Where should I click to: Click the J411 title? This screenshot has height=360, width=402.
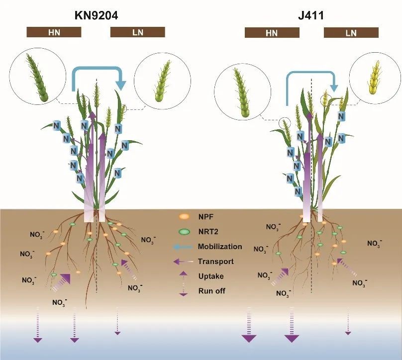coord(311,15)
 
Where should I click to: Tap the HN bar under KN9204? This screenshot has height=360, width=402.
coord(54,32)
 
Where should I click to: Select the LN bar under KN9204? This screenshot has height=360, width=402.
coord(137,32)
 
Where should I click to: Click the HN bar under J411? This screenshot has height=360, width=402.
coord(272,33)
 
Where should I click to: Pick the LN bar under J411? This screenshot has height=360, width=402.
coord(351,33)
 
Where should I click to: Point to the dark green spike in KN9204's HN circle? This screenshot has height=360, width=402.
coord(39,78)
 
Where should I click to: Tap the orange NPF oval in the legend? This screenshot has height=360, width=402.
coord(184,217)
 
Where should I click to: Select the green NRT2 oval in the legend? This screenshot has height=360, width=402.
coord(184,232)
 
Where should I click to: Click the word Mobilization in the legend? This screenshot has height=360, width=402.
coord(219,247)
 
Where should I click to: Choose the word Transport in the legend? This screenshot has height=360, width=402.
coord(215,261)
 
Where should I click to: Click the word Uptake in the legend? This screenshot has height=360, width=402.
coord(210,276)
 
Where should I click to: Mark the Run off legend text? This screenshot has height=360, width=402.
coord(211,291)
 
